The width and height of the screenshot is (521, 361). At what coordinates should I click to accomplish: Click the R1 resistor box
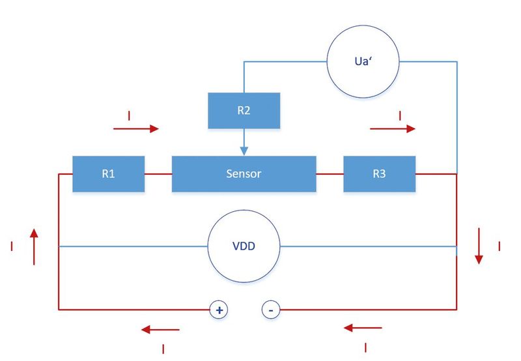(108, 174)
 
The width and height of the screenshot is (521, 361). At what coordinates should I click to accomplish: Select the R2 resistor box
(244, 110)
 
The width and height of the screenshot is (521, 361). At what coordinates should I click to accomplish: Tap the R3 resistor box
(379, 174)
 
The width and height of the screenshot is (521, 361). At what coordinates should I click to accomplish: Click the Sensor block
(244, 174)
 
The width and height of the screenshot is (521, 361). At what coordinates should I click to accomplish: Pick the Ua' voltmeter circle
(363, 61)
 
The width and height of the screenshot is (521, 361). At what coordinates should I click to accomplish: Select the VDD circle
(244, 246)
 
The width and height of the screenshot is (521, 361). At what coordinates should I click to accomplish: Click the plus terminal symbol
(219, 310)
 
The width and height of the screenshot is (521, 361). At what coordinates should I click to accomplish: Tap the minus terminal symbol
(271, 310)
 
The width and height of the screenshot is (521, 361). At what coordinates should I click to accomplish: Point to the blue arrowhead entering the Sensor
(244, 151)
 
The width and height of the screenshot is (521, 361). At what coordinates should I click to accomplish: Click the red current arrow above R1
(136, 128)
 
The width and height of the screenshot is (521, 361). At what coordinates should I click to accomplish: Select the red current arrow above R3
(393, 128)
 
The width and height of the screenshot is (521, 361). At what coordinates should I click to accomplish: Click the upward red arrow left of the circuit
(34, 247)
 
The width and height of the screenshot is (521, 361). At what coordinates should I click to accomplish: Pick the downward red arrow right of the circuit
(479, 246)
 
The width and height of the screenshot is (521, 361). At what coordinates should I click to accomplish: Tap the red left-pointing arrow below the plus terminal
(160, 330)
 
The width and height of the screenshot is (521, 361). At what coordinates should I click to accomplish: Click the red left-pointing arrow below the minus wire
(363, 328)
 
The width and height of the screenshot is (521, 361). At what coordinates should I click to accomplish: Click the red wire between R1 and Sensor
(158, 174)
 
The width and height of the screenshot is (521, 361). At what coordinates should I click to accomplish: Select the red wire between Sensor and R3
(330, 174)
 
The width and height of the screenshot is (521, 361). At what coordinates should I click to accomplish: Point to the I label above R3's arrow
(400, 116)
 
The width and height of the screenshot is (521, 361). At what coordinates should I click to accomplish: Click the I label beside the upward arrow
(12, 246)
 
